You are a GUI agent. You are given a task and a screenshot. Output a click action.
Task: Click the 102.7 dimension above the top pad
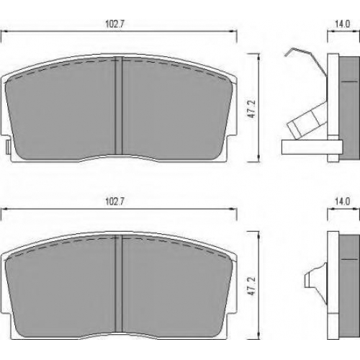point(114,24)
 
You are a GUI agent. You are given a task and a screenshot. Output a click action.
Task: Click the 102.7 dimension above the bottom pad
point(114,202)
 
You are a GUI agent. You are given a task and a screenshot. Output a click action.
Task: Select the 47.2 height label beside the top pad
point(252,109)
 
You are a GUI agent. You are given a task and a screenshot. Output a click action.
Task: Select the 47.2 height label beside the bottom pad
point(251,286)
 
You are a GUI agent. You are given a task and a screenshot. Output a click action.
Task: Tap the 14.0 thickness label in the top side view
point(342,24)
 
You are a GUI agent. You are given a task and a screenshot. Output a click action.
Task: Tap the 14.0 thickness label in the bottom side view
point(342,202)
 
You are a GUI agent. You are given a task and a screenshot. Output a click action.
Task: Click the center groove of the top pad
point(119,105)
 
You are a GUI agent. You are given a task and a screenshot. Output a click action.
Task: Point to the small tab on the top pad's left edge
point(8,147)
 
